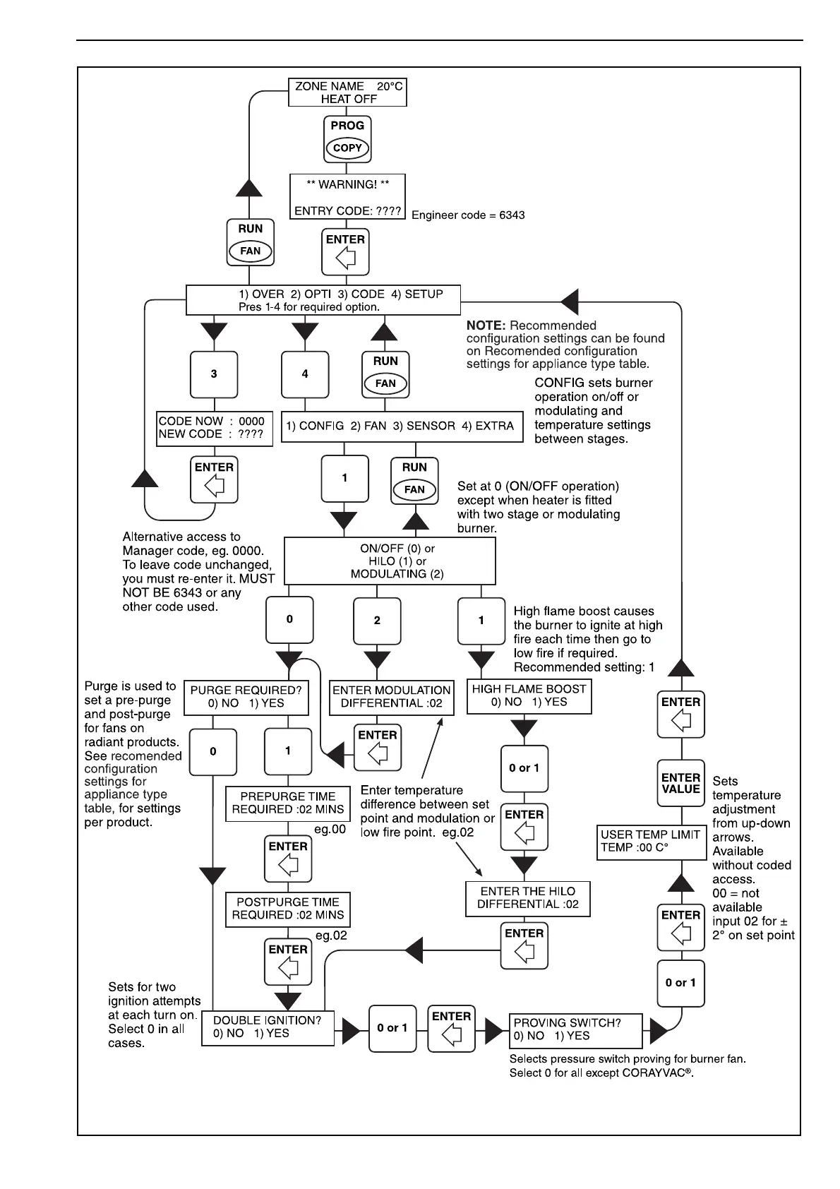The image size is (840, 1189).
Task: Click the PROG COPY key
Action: point(347,138)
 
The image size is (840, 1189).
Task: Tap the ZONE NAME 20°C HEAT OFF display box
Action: point(348,92)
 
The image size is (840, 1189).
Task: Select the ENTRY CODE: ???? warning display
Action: point(347,198)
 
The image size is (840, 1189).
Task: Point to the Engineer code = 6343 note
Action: point(468,215)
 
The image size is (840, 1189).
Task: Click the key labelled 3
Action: point(214,374)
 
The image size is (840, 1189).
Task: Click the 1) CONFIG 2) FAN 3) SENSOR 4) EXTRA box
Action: point(402,426)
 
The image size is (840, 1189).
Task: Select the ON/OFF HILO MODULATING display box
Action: point(390,561)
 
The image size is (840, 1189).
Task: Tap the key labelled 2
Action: point(377,620)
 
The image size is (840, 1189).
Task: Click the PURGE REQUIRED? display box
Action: point(246,697)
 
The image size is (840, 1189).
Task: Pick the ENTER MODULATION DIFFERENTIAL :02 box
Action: point(392,697)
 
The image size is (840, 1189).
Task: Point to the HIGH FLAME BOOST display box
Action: point(529,695)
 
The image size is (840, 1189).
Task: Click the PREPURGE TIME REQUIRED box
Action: point(287,803)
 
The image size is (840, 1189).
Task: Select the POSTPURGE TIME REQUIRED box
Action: point(287,909)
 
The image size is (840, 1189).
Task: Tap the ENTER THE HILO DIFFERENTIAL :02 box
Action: point(527,898)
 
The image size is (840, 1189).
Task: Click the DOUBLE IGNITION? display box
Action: point(268,1027)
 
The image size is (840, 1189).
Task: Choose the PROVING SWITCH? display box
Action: point(575,1030)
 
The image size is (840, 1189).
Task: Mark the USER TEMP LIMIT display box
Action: point(650,841)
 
